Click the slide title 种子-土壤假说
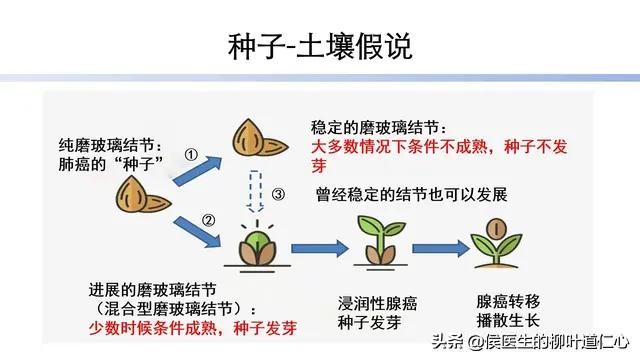point(319,47)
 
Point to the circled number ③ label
point(281,193)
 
